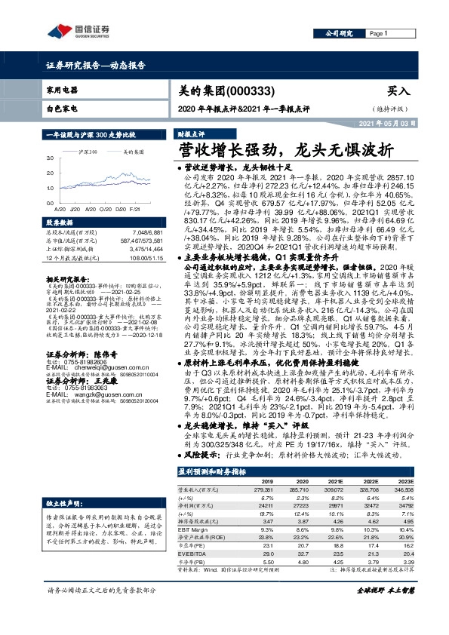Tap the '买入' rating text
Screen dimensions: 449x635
pyautogui.click(x=399, y=90)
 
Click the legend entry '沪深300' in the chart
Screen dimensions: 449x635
pyautogui.click(x=88, y=152)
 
